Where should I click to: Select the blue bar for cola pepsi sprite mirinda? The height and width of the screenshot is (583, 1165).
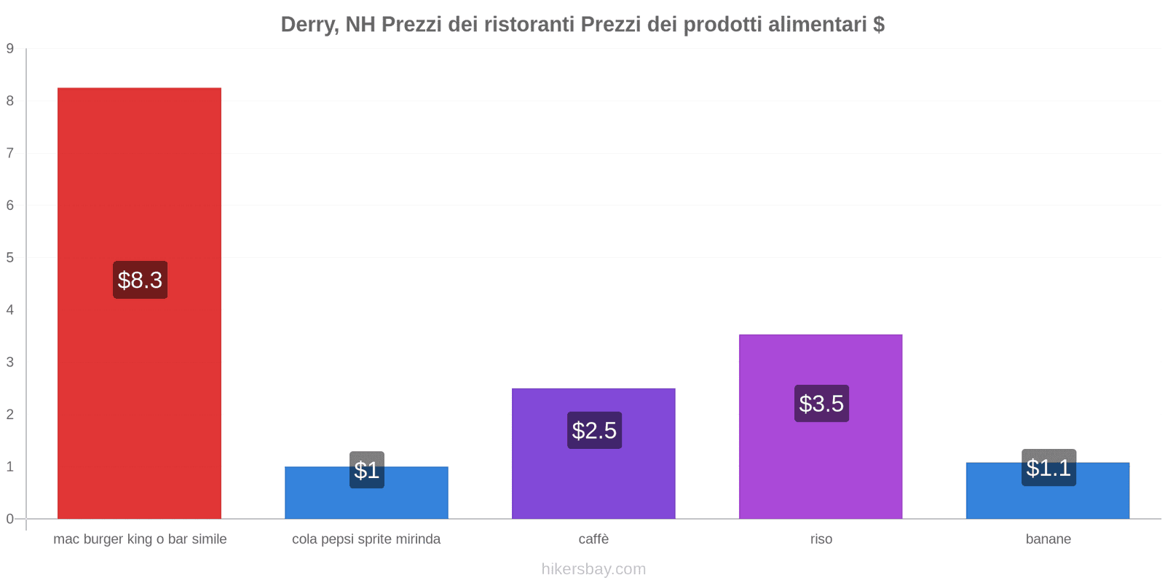[x=366, y=503]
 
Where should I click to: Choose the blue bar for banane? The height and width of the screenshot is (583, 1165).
[x=1048, y=503]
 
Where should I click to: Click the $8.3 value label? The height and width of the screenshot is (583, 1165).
[x=140, y=280]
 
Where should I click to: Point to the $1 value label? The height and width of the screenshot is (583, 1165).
[x=366, y=470]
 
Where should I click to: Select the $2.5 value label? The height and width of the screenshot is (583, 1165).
[x=594, y=431]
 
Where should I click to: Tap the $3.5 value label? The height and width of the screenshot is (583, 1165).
[x=821, y=404]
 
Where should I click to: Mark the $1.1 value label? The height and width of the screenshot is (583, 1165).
[x=1048, y=468]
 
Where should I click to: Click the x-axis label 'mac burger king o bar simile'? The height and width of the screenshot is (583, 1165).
[x=140, y=539]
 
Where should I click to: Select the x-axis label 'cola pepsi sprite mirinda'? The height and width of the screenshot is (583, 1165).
[x=366, y=539]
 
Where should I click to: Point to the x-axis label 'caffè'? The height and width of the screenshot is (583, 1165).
[x=593, y=539]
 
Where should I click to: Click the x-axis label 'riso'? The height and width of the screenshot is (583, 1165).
[x=821, y=539]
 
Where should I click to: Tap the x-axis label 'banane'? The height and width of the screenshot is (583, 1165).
[x=1048, y=539]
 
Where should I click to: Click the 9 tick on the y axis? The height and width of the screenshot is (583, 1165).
[x=10, y=49]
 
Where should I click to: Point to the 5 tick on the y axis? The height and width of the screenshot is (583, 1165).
[x=10, y=258]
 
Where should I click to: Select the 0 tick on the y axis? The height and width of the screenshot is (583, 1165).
[x=10, y=519]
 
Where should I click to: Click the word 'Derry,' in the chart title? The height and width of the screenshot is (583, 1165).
[x=309, y=25]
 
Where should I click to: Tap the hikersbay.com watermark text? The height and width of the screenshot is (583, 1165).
[x=593, y=569]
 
